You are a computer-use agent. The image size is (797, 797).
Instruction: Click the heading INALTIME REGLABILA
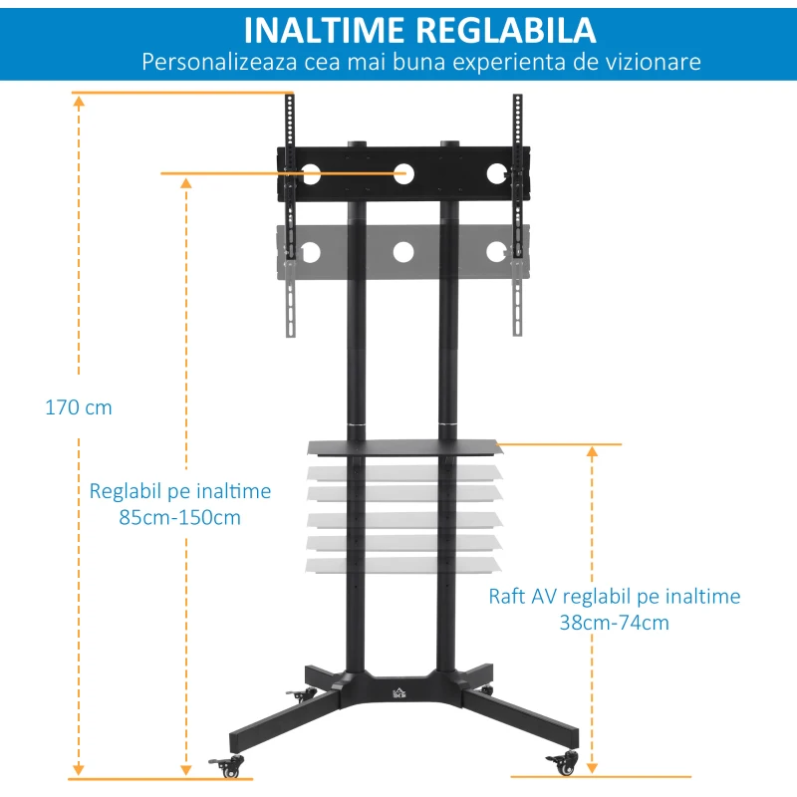pyautogui.click(x=419, y=29)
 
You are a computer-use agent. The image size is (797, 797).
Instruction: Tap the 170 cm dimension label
pyautogui.click(x=79, y=407)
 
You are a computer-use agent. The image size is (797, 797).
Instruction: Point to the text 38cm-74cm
pyautogui.click(x=615, y=623)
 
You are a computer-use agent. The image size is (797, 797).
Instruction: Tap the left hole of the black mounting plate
pyautogui.click(x=310, y=173)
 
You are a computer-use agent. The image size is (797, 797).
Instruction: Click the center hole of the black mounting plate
pyautogui.click(x=403, y=172)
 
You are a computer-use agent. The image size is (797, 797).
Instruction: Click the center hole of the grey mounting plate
pyautogui.click(x=403, y=252)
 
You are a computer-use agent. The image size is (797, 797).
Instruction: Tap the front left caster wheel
pyautogui.click(x=235, y=766)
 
